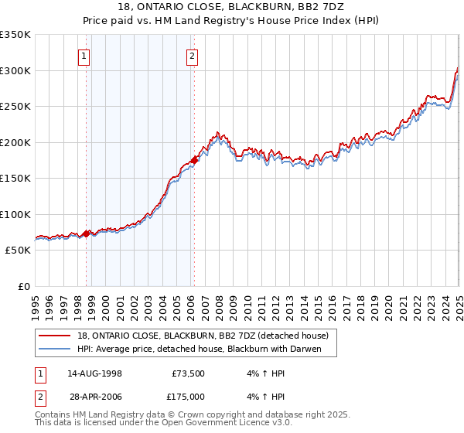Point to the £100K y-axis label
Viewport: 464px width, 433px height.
(x=15, y=214)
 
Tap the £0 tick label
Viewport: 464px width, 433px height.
(x=22, y=286)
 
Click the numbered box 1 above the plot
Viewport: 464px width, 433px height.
(x=83, y=55)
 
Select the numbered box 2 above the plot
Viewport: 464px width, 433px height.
(x=191, y=55)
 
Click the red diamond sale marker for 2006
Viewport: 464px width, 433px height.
(x=194, y=160)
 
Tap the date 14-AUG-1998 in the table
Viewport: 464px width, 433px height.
(x=94, y=373)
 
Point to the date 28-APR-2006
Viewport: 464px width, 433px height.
(x=94, y=396)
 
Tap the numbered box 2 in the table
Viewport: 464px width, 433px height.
(x=39, y=396)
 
